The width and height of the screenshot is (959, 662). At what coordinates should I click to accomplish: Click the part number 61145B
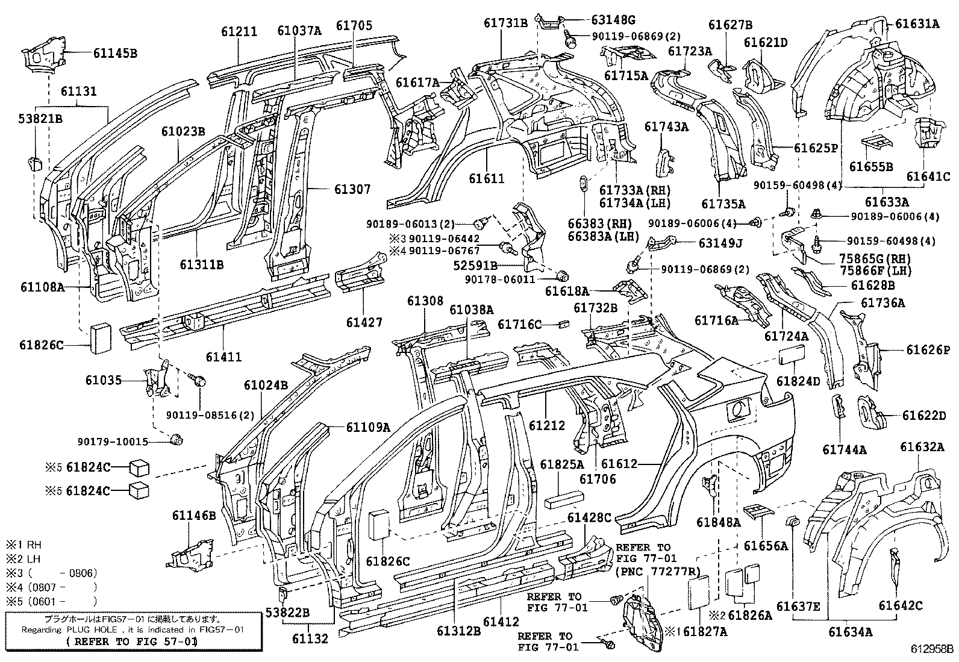(115, 53)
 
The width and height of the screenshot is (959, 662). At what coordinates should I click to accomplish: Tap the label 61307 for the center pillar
(352, 189)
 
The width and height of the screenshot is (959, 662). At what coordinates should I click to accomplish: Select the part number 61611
(486, 178)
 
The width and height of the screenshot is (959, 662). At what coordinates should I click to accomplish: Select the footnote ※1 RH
(23, 545)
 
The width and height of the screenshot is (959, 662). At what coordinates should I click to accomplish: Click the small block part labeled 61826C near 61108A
(100, 339)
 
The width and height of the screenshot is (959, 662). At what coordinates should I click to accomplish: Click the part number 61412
(501, 621)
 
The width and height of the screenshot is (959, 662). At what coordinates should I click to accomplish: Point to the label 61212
(547, 425)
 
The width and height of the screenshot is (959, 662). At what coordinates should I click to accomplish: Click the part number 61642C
(901, 605)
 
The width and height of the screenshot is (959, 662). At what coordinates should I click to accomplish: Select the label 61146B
(194, 515)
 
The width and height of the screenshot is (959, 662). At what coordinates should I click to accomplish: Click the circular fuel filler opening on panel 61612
(738, 410)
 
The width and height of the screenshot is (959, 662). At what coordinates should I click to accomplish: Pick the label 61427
(364, 322)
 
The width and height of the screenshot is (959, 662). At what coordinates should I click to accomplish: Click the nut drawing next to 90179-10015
(176, 439)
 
